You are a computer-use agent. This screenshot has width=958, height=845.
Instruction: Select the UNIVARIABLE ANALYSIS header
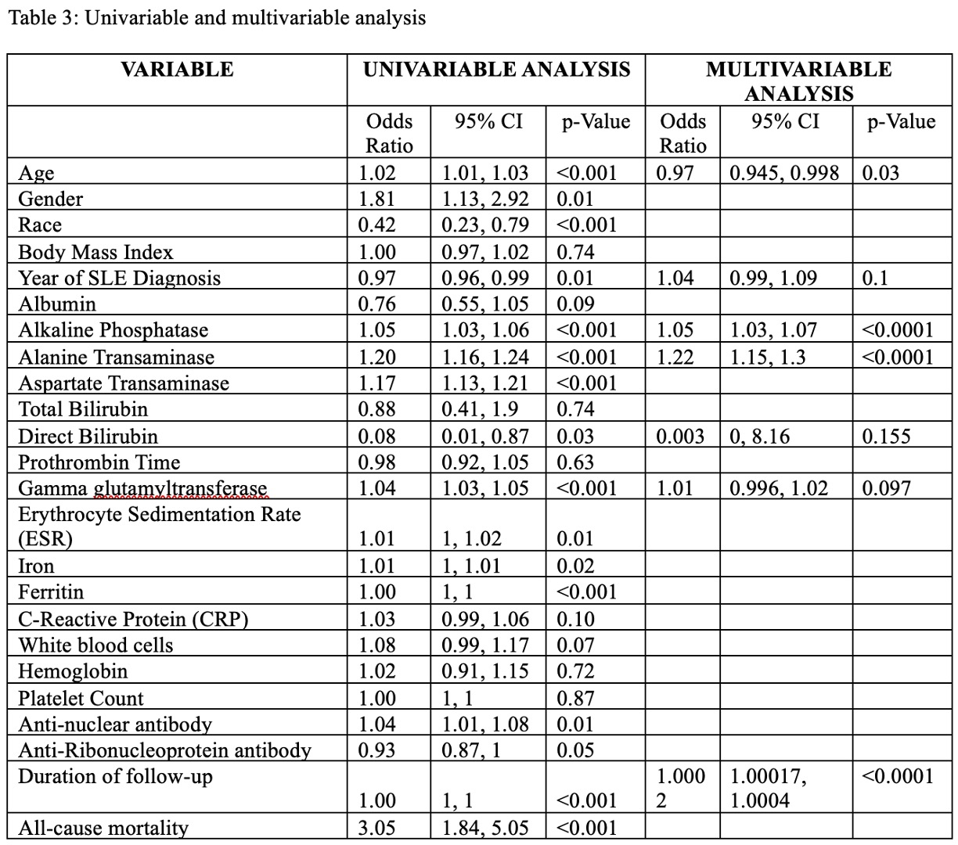click(x=496, y=70)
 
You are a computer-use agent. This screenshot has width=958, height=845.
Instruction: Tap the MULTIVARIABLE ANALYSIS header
click(x=798, y=81)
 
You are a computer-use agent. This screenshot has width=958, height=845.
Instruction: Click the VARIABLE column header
click(x=177, y=70)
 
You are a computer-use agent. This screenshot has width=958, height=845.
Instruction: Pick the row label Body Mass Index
click(x=95, y=252)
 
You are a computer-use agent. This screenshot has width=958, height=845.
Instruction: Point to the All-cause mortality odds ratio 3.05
click(x=376, y=828)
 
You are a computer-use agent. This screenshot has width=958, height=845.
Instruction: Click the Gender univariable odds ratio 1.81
click(x=376, y=199)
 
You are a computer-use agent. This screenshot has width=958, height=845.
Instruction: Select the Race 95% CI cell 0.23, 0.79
click(x=485, y=225)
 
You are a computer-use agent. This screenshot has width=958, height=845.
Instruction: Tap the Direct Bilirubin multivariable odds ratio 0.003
click(x=681, y=436)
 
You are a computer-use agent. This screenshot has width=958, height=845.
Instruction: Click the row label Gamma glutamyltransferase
click(x=142, y=488)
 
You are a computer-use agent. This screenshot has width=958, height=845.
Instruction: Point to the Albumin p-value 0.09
click(x=575, y=304)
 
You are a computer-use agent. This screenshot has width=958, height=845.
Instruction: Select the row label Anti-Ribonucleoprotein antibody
click(x=164, y=750)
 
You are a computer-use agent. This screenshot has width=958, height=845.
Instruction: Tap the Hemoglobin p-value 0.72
click(x=575, y=671)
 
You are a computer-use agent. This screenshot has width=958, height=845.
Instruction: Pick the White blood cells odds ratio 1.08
click(x=376, y=645)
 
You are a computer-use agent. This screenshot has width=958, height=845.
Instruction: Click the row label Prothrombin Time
click(x=99, y=462)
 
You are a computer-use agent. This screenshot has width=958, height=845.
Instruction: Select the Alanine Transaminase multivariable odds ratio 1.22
click(x=675, y=357)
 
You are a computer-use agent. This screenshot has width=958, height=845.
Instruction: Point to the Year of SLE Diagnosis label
click(x=119, y=279)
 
